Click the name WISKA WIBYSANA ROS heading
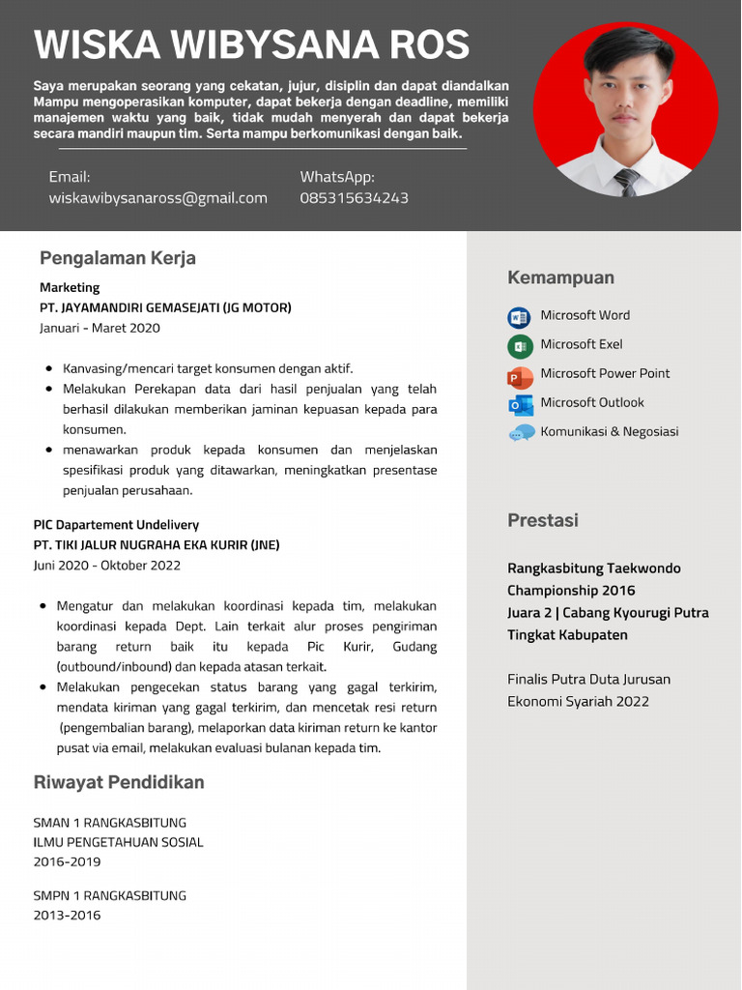pyautogui.click(x=251, y=45)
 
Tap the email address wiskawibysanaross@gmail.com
pyautogui.click(x=157, y=198)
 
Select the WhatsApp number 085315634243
pyautogui.click(x=354, y=198)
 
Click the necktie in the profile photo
pyautogui.click(x=626, y=182)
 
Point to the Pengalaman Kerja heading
pyautogui.click(x=117, y=258)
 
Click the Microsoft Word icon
pyautogui.click(x=520, y=317)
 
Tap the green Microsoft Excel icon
pyautogui.click(x=520, y=346)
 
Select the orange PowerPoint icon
pyautogui.click(x=520, y=376)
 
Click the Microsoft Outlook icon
pyautogui.click(x=520, y=405)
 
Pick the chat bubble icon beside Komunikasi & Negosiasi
pyautogui.click(x=521, y=433)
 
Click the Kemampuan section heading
pyautogui.click(x=560, y=278)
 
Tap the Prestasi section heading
pyautogui.click(x=542, y=521)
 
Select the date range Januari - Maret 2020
pyautogui.click(x=100, y=328)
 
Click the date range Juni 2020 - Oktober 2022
pyautogui.click(x=106, y=565)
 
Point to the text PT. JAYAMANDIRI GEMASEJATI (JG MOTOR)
pyautogui.click(x=165, y=307)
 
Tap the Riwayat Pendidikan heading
pyautogui.click(x=119, y=782)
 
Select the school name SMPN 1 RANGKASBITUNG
pyautogui.click(x=109, y=895)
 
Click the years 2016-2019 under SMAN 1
pyautogui.click(x=67, y=861)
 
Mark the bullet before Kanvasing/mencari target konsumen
pyautogui.click(x=49, y=368)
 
